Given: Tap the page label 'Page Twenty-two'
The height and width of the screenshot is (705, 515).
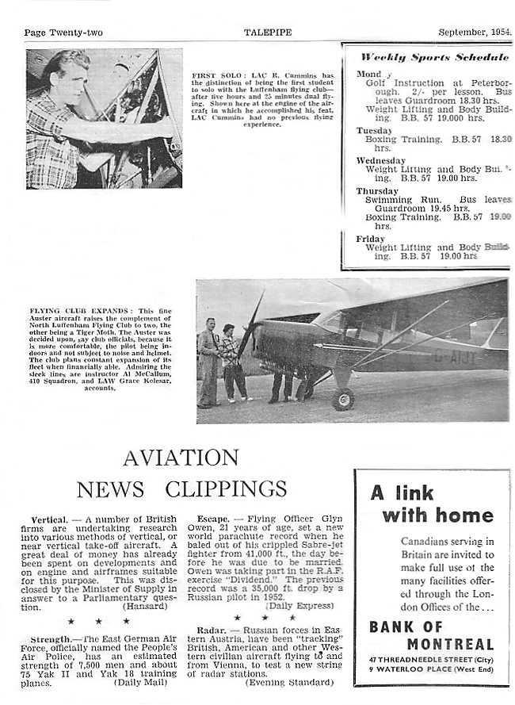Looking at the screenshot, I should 63,33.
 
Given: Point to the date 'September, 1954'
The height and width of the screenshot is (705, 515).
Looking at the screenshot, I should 475,32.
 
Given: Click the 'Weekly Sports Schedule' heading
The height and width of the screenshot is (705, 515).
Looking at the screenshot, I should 434,58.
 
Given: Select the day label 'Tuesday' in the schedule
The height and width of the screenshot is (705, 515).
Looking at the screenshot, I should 374,129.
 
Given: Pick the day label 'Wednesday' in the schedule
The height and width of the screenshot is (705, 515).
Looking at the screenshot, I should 381,160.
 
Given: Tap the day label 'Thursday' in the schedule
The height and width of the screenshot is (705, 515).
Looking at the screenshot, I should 377,191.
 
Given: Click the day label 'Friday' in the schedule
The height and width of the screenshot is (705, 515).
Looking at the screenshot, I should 370,238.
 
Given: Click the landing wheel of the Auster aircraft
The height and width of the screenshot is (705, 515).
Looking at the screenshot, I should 342,399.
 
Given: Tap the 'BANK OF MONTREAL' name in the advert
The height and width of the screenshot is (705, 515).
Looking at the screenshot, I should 432,634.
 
